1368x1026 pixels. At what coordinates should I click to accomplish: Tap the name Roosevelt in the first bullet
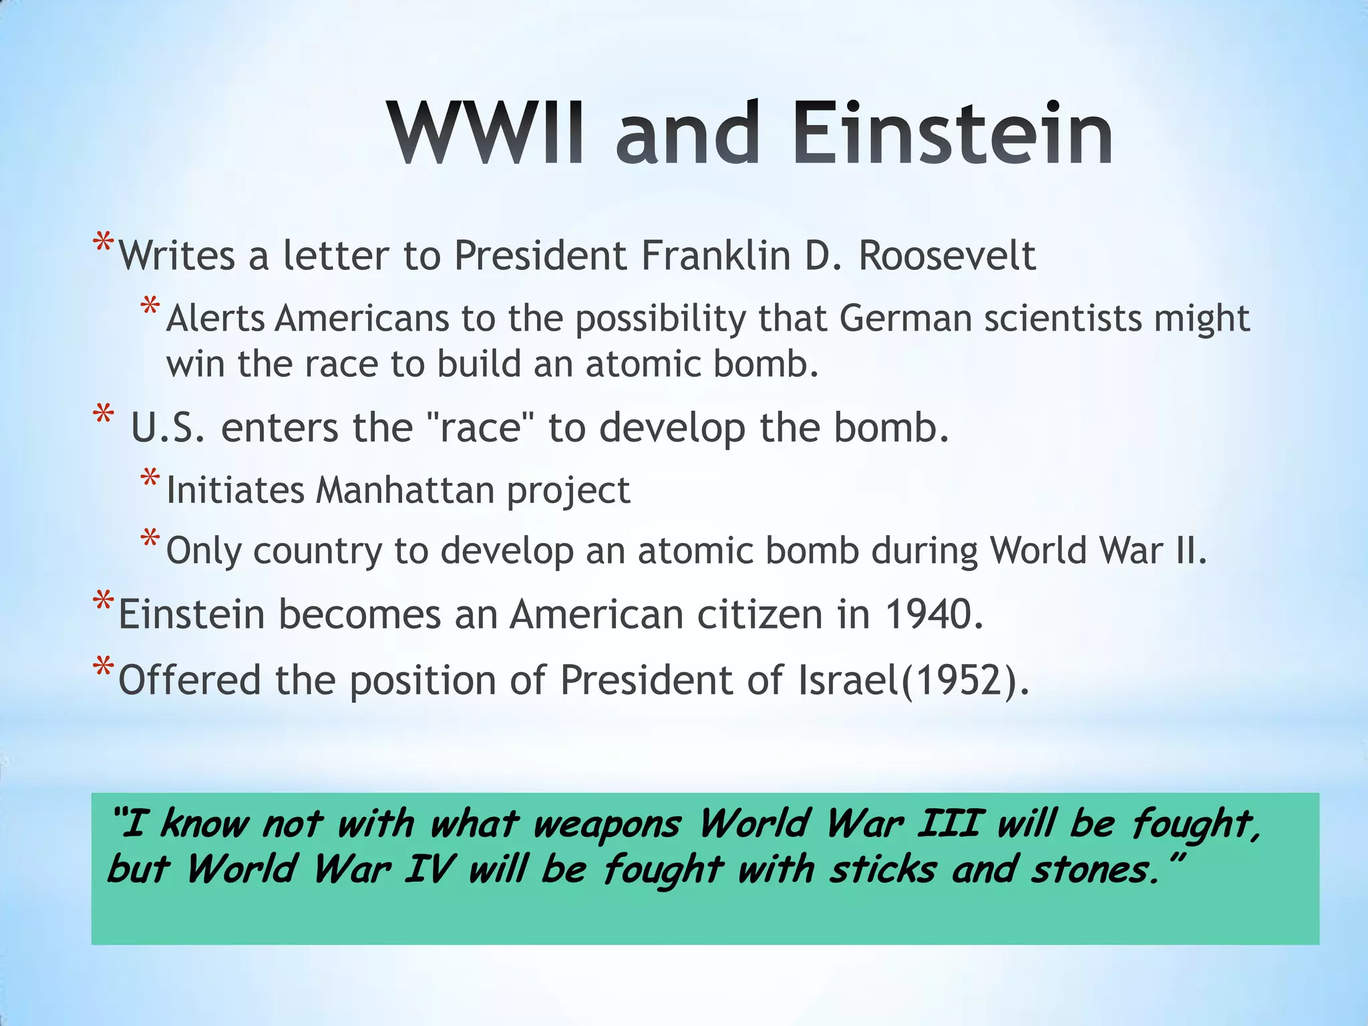[x=947, y=256]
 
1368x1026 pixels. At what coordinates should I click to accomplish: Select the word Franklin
[x=715, y=256]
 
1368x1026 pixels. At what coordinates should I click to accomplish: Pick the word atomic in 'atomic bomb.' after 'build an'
[x=642, y=365]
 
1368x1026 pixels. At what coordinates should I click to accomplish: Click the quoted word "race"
[x=479, y=428]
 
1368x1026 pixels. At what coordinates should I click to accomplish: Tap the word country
[x=317, y=552]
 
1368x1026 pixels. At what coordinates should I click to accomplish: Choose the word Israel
[x=848, y=681]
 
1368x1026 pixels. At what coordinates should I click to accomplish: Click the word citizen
[x=759, y=615]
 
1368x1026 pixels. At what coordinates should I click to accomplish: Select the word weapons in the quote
[x=607, y=824]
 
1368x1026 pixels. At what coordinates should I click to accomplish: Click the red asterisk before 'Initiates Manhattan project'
[x=150, y=480]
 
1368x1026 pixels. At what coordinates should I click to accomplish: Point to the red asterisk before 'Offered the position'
[x=103, y=669]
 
